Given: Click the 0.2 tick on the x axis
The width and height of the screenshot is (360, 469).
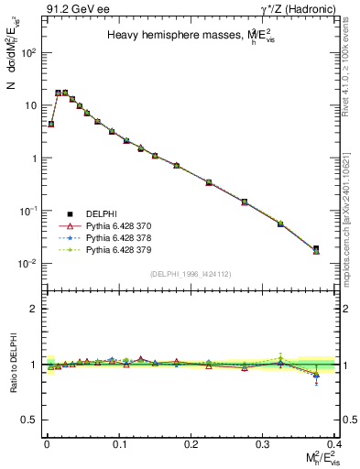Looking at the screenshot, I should pos(191,442).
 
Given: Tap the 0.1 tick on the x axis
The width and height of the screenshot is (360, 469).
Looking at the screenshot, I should pos(118,442).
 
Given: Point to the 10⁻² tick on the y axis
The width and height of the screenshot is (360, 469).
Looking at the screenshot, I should pos(27,264).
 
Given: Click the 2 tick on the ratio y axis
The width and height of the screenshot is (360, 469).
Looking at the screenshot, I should pos(33,309).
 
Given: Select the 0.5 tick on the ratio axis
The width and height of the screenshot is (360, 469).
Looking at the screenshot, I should pos(30,420).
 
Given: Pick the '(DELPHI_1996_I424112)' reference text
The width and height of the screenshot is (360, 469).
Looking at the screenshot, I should pos(191,274).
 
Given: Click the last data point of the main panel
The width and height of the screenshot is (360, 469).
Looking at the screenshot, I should pos(342,249).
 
